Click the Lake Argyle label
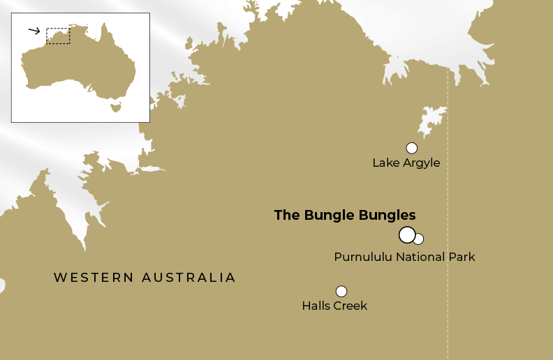[406, 163]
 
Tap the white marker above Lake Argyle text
[411, 148]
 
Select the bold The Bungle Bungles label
[344, 215]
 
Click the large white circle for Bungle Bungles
[407, 234]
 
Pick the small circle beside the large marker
[418, 239]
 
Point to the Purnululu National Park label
[404, 257]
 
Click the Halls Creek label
[334, 306]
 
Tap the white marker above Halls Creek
[341, 291]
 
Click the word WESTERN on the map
[94, 278]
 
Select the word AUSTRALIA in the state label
[189, 278]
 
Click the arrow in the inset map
[34, 31]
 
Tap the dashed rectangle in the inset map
[58, 36]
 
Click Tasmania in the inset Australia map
[116, 107]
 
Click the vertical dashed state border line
[448, 209]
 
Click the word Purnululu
[363, 257]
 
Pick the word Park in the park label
[462, 257]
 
